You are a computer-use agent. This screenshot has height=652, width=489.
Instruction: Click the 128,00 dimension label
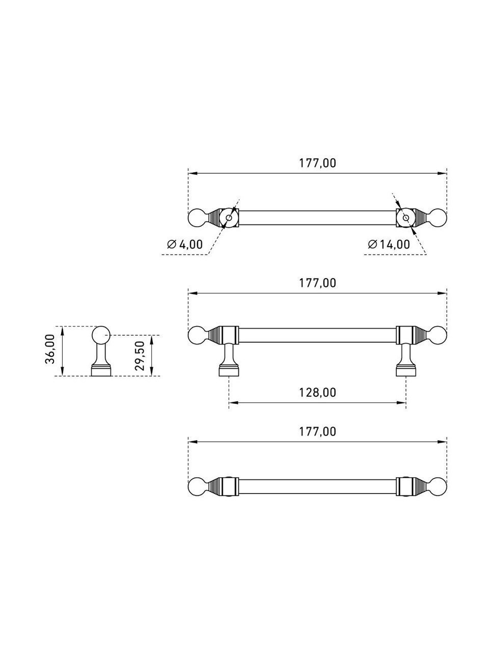[x=317, y=393]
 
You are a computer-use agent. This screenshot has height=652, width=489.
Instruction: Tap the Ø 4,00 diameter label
[x=185, y=244]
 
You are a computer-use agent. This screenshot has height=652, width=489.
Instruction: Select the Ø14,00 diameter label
[x=389, y=244]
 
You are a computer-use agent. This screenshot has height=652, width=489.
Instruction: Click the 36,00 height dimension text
[x=50, y=348]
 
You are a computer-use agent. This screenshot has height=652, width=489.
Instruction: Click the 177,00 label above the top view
[x=317, y=163]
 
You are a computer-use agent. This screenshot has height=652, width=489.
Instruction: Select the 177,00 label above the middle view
[x=317, y=283]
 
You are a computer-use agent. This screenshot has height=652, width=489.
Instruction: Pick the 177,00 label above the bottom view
[x=317, y=431]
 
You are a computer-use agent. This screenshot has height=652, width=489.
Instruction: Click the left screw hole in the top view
[x=229, y=218]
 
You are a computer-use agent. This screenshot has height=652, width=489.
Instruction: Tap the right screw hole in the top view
[x=406, y=218]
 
